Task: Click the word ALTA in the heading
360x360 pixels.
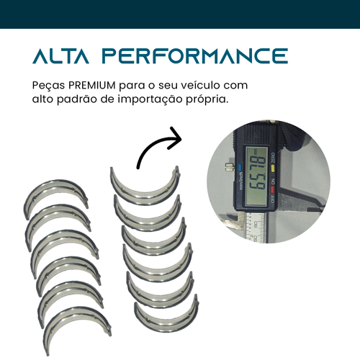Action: point(60,55)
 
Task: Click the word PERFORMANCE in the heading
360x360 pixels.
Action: point(195,55)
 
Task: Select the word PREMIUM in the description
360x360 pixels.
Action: point(92,86)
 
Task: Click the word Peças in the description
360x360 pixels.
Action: point(49,86)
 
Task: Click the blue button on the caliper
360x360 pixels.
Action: point(240,166)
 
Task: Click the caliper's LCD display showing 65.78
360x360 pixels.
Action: point(256,176)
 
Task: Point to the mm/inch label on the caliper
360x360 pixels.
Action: point(240,181)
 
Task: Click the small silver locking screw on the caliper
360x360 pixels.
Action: point(230,167)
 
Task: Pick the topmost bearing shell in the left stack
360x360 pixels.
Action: point(56,186)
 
